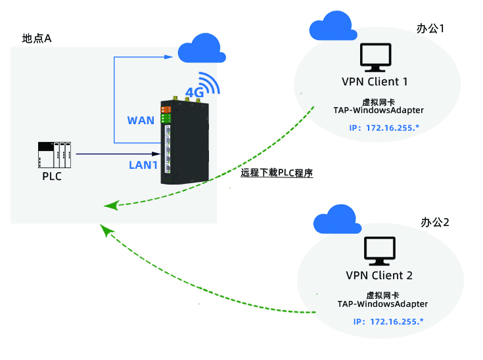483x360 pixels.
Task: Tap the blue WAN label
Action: (x=140, y=120)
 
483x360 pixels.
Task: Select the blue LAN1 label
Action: (x=143, y=164)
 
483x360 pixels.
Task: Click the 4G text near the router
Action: (x=195, y=93)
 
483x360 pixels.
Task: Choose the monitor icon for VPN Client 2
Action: (x=380, y=251)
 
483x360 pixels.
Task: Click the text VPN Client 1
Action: (x=375, y=82)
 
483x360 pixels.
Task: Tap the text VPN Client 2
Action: (x=379, y=275)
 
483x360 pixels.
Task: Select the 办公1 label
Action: (x=431, y=28)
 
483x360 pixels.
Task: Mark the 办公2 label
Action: (x=435, y=222)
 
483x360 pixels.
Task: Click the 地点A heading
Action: (x=37, y=38)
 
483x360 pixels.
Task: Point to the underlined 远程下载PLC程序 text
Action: (x=277, y=174)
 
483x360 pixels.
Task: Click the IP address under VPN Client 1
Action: (x=384, y=126)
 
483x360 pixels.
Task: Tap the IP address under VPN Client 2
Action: (x=388, y=321)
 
